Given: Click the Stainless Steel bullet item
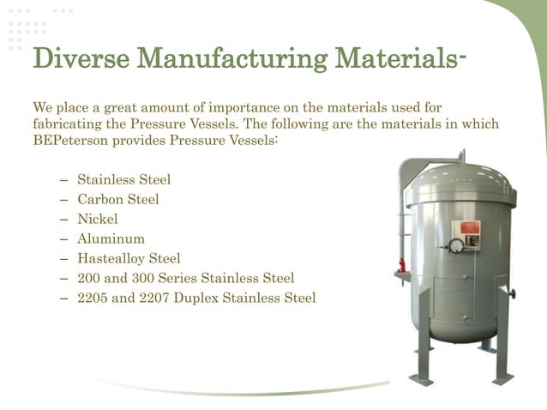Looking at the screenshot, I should coord(123,179).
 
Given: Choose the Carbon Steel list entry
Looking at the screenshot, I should coord(118,199).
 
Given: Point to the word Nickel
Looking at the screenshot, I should coord(98,219).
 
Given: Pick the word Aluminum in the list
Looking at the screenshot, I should coord(111,238).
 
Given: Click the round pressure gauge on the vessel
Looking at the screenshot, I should coord(456,246).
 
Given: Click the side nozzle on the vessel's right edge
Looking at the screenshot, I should coord(513,294).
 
